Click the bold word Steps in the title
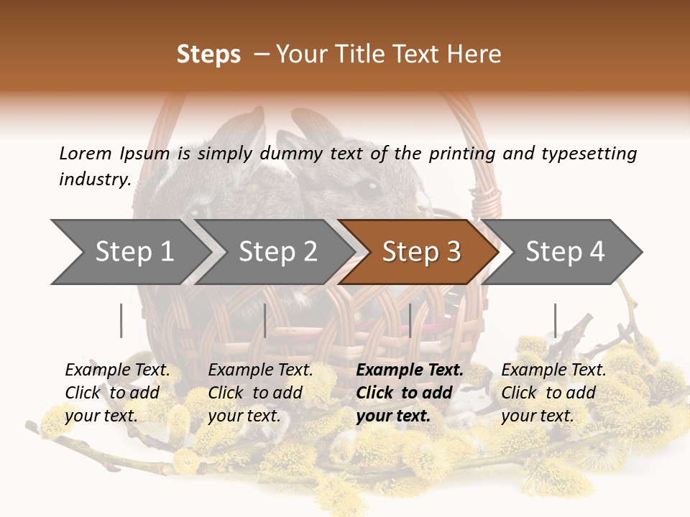click(208, 55)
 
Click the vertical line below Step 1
click(121, 320)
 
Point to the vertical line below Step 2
click(265, 320)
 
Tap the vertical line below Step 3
click(410, 320)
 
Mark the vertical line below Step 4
click(555, 320)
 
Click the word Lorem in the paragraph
click(85, 153)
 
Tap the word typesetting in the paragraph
click(589, 154)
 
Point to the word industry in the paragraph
click(95, 180)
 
